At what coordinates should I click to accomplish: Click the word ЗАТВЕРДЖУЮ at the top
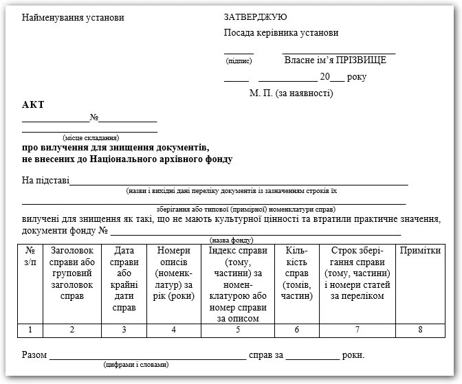point(255,17)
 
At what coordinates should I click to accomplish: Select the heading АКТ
point(32,104)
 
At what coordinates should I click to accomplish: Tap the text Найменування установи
point(73,17)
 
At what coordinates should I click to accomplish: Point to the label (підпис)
point(239,61)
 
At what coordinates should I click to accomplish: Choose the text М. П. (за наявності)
point(291,93)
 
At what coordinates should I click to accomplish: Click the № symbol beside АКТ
point(95,117)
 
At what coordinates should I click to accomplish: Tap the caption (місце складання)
point(90,138)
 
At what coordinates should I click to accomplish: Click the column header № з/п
point(30,256)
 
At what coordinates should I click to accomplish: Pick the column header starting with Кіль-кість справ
point(297,273)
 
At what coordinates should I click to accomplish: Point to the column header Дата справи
point(124,273)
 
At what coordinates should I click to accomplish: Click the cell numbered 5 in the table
point(238,330)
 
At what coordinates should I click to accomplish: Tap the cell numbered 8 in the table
point(420,330)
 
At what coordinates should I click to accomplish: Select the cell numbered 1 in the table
point(30,330)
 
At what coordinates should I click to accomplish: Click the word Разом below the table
point(34,355)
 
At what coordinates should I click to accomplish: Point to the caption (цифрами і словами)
point(135,365)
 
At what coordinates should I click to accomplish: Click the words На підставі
point(45,181)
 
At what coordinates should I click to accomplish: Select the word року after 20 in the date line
point(357,77)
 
